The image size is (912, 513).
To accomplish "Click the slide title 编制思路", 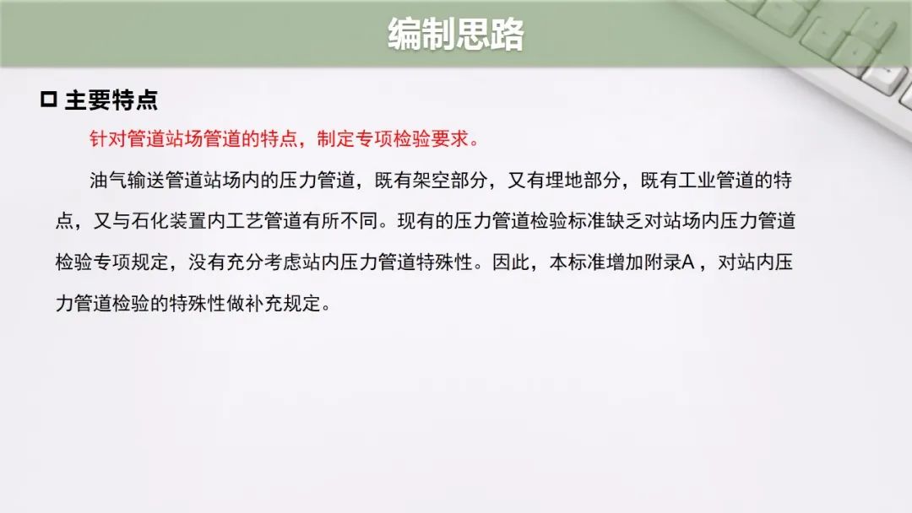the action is [x=456, y=34].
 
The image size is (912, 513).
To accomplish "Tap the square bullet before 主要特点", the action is [x=49, y=100].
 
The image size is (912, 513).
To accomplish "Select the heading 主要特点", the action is [x=111, y=100].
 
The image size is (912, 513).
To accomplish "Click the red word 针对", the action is [x=108, y=139].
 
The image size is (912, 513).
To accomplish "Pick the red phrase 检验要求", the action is [x=431, y=139].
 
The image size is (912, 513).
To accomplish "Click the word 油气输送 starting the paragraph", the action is [x=127, y=180].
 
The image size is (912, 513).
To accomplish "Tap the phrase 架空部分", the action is [x=450, y=180].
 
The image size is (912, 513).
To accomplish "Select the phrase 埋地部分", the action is [x=583, y=180].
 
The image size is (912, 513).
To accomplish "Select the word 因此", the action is [x=511, y=262].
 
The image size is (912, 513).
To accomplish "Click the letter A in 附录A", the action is [x=688, y=262].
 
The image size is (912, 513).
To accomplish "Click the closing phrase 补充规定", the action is [x=283, y=303].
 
